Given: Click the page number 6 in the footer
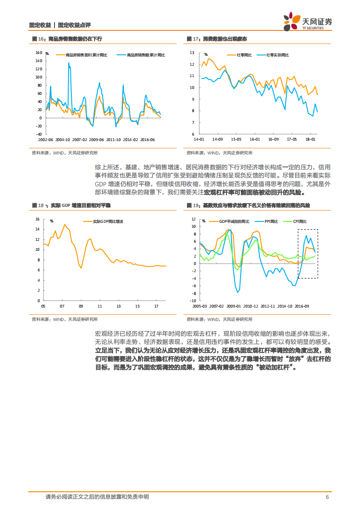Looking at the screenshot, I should [327, 497].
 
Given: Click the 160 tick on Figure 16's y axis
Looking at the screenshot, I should [39, 52].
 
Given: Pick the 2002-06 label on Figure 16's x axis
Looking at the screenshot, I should [47, 140].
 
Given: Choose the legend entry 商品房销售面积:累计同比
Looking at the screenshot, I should [86, 55].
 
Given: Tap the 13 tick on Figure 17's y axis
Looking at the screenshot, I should [192, 53].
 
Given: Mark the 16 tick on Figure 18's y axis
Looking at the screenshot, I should [38, 219].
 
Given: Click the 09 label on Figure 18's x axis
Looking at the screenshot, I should [81, 306].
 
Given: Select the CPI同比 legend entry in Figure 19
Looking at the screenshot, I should [298, 221].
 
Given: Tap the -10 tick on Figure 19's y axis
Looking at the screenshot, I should [192, 301].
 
